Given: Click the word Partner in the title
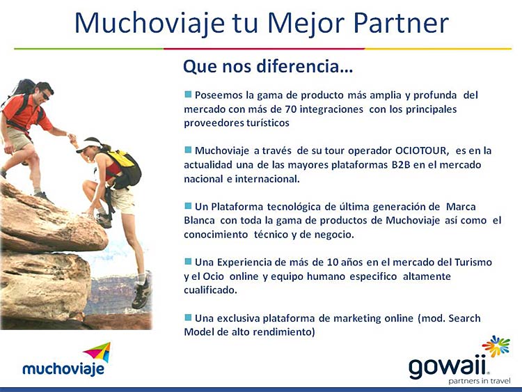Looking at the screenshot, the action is click(x=401, y=23).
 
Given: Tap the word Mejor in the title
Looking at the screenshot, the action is click(x=306, y=23).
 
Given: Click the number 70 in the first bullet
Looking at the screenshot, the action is click(x=291, y=109).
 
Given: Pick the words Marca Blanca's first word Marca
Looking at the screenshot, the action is click(x=461, y=207).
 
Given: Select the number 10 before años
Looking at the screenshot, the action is click(x=333, y=262).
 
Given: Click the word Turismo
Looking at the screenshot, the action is click(x=473, y=262).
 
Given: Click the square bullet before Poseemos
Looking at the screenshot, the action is click(x=188, y=94).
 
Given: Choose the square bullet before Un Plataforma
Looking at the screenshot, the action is click(x=188, y=206).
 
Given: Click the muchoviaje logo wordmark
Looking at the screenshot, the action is click(x=63, y=369).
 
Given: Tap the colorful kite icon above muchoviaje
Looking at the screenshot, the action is click(x=99, y=352).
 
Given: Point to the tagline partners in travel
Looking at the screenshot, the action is click(x=480, y=381).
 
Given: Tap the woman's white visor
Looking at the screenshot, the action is click(x=88, y=146).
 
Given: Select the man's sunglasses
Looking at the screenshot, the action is click(x=45, y=95).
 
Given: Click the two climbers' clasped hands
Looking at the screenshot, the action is click(x=71, y=137).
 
